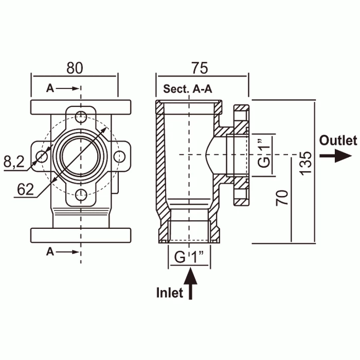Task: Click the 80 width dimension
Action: (x=75, y=68)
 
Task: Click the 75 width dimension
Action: (x=200, y=68)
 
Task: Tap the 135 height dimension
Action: (x=307, y=163)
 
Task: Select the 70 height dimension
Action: (x=282, y=197)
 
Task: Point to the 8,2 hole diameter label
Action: (x=14, y=162)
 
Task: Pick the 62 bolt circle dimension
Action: (x=25, y=189)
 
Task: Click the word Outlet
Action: (x=338, y=140)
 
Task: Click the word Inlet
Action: (x=170, y=293)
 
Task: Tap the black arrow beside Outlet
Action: (x=335, y=156)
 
